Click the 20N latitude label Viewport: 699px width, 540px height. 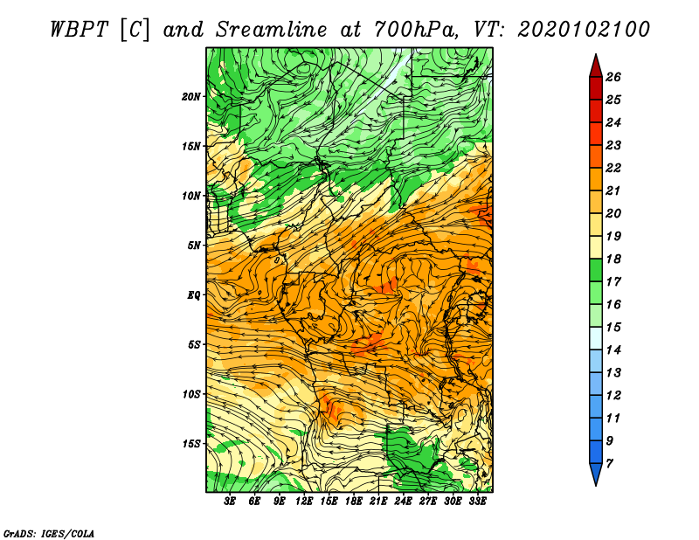191,97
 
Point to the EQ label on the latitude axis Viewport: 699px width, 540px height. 194,295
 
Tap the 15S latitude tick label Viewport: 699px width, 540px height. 191,444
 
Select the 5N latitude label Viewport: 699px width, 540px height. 194,246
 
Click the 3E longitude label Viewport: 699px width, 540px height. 230,501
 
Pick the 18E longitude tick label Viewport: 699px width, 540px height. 354,501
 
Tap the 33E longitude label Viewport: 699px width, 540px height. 477,501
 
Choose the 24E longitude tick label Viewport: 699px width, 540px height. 403,501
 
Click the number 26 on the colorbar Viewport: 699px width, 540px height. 613,77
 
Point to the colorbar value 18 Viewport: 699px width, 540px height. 613,259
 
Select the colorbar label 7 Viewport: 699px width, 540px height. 609,464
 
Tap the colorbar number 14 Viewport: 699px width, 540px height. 613,350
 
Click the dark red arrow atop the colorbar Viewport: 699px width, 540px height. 596,66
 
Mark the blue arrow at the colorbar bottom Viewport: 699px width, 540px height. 596,474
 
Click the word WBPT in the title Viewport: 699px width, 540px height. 80,30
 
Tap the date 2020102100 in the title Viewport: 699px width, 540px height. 584,30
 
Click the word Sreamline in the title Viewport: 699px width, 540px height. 272,30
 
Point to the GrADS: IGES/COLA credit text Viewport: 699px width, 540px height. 49,533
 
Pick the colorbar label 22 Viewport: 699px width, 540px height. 613,168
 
